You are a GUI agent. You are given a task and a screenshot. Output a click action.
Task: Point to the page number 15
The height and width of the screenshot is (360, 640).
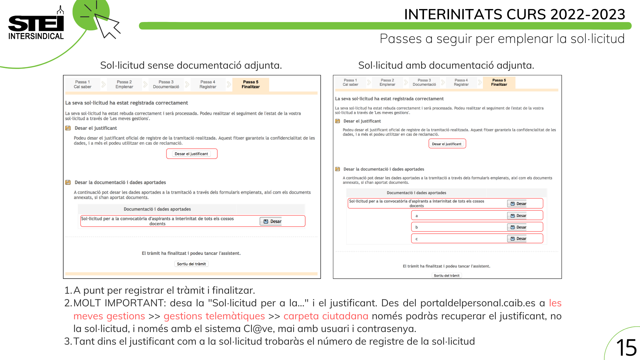[x=626, y=348]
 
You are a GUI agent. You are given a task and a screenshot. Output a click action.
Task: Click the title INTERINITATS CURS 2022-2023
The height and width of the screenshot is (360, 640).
[x=514, y=14]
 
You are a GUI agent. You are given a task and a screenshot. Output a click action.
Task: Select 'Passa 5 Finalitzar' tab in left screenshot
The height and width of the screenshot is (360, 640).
[x=251, y=84]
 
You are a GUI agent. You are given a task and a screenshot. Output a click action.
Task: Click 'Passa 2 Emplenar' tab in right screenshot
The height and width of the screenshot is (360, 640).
[x=387, y=82]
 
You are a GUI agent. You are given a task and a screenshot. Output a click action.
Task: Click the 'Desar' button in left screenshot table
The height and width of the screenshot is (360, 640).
[x=272, y=221]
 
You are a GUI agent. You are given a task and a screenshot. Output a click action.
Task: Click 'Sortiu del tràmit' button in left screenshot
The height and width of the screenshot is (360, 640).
[x=191, y=264]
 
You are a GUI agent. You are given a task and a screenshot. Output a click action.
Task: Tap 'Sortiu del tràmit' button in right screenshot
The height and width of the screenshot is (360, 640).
[x=446, y=275]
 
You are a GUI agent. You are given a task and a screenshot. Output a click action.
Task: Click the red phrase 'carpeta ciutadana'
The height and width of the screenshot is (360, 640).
[x=326, y=316]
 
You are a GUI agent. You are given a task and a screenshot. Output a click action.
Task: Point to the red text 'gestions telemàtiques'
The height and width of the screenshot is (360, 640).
[x=214, y=316]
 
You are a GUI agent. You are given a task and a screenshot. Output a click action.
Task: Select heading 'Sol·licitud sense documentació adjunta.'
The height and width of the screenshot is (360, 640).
[x=191, y=65]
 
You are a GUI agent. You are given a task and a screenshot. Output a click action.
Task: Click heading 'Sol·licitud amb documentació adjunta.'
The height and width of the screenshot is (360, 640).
[x=446, y=65]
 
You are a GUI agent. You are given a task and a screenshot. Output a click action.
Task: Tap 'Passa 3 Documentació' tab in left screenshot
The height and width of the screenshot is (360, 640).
[x=166, y=84]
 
